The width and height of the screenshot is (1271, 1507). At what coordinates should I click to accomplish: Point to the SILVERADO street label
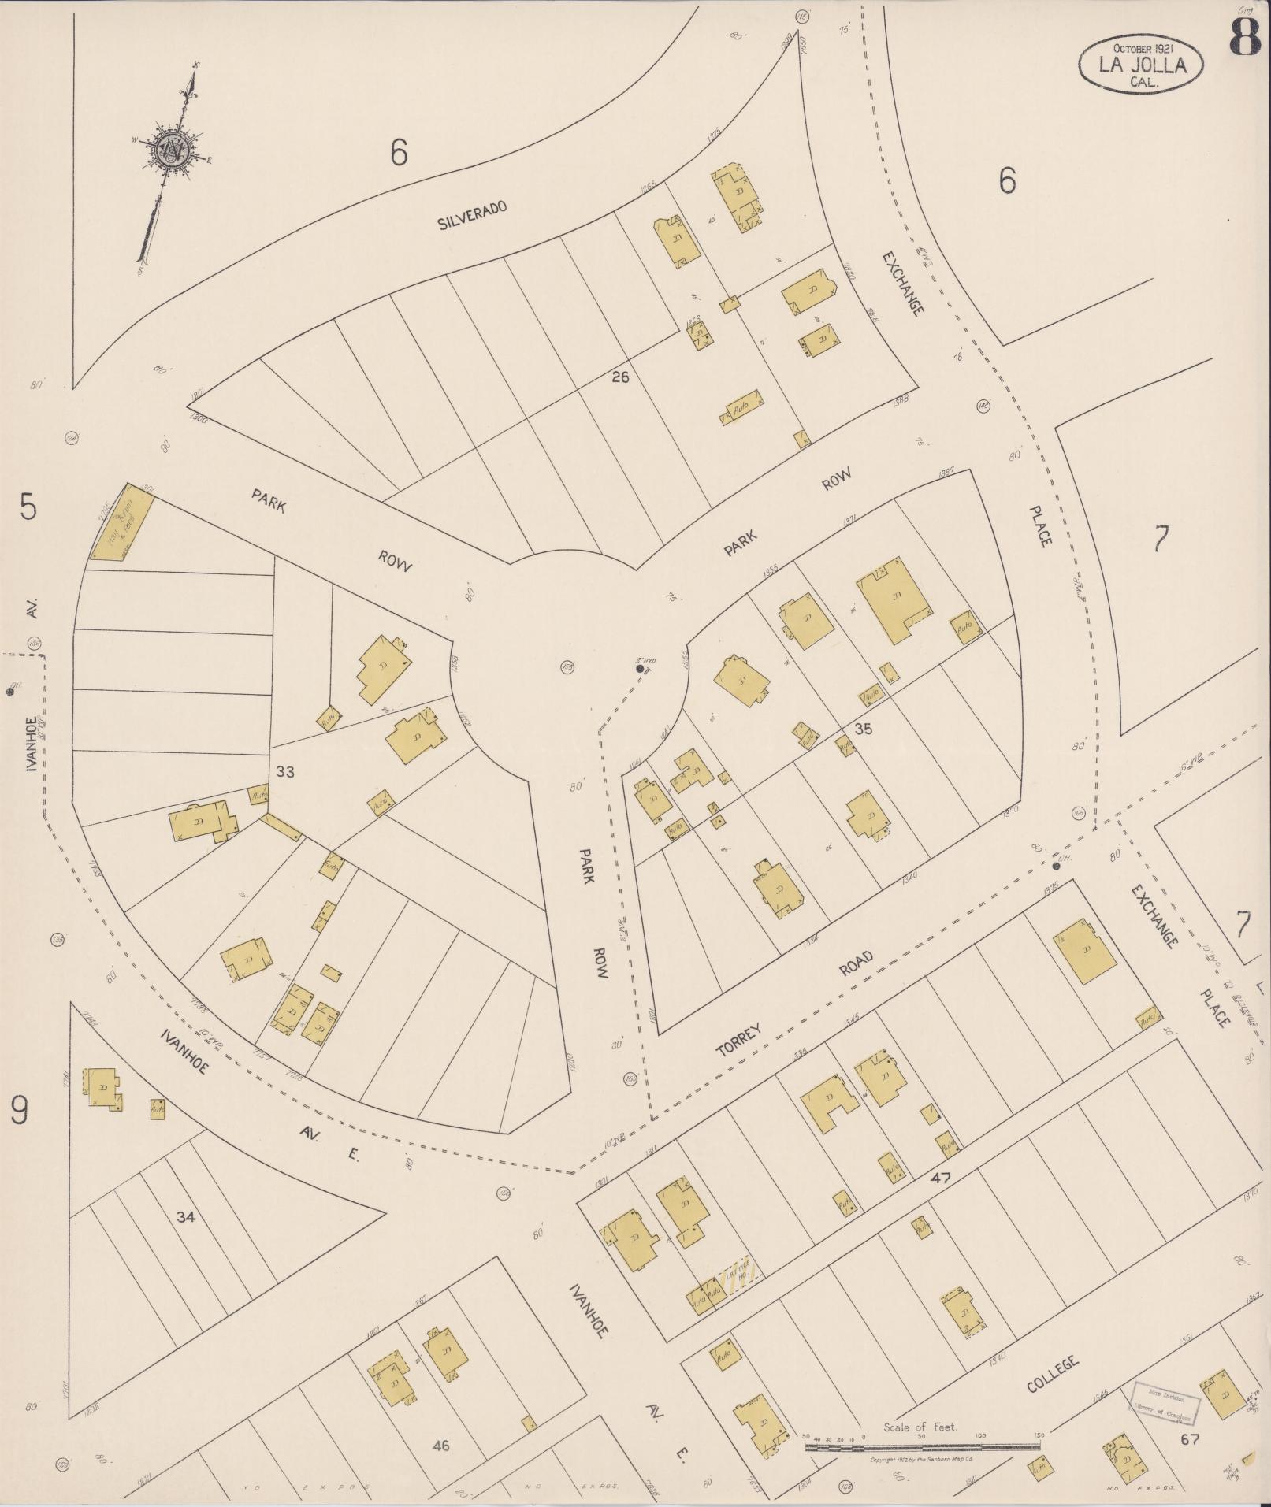click(472, 214)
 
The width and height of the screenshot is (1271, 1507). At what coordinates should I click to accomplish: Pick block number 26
click(620, 377)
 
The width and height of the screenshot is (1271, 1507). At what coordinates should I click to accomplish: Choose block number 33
click(285, 772)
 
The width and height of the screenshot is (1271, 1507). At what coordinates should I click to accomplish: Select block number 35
click(864, 729)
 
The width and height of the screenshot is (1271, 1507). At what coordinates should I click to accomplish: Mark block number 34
click(185, 1217)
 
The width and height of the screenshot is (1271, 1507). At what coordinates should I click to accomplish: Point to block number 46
click(440, 1446)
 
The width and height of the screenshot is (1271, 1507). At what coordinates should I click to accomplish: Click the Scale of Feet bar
click(921, 1446)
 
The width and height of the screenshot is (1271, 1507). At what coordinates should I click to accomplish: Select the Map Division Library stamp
click(1165, 1403)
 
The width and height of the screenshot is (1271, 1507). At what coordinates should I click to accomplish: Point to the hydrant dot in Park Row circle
click(641, 669)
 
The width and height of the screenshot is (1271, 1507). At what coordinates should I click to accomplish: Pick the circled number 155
click(567, 667)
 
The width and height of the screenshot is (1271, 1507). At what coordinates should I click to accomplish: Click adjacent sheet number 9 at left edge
click(20, 1112)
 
